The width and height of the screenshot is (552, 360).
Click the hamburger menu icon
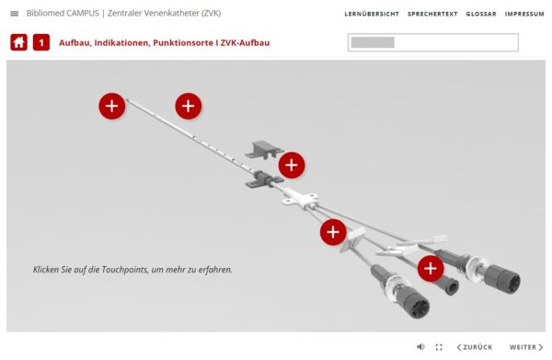coord(15,14)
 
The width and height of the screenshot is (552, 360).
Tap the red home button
coord(18,42)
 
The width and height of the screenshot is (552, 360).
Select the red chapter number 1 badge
coord(41,42)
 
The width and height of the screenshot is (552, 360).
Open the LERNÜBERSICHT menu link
coord(372,14)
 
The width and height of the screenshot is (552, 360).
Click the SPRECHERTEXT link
coord(432,14)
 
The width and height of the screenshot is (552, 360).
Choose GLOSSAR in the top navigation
coord(481,14)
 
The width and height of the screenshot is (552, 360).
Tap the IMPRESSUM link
coord(524,14)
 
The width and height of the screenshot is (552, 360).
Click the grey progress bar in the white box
coord(373,42)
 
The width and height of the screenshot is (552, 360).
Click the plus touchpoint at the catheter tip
coord(112,106)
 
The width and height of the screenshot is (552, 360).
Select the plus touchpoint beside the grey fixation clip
coord(292,165)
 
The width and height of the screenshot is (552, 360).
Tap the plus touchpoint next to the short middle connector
coord(431,269)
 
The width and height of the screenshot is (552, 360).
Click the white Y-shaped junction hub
coord(300,199)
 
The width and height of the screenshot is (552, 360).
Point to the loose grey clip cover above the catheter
coord(264,149)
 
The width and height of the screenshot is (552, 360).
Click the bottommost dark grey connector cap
coord(416,302)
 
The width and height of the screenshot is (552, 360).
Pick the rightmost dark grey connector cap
coord(503,279)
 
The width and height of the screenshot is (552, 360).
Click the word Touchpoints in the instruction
coord(124,270)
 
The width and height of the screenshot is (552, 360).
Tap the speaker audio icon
coord(420,347)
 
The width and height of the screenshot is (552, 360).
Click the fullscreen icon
coord(439,347)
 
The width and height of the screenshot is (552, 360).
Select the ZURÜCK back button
coord(474,347)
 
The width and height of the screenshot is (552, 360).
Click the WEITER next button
coord(526,347)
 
